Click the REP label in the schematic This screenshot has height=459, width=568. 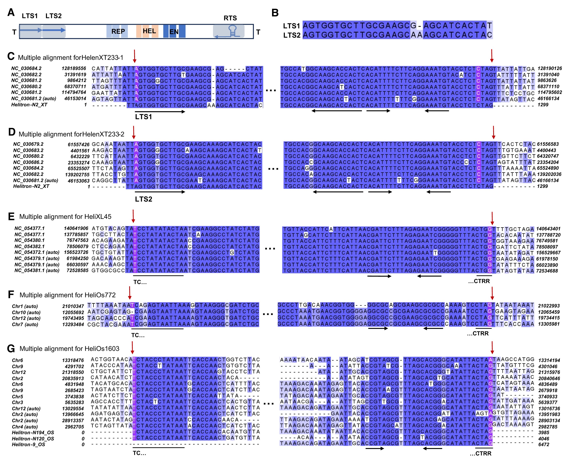(x=118, y=31)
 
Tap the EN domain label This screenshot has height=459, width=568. (x=174, y=32)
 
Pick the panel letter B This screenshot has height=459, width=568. (x=275, y=13)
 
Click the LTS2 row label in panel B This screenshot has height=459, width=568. (x=292, y=35)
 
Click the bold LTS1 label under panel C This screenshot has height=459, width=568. (x=143, y=117)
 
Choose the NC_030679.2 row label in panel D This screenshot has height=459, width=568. (x=28, y=144)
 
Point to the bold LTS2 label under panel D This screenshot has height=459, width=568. (x=143, y=199)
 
